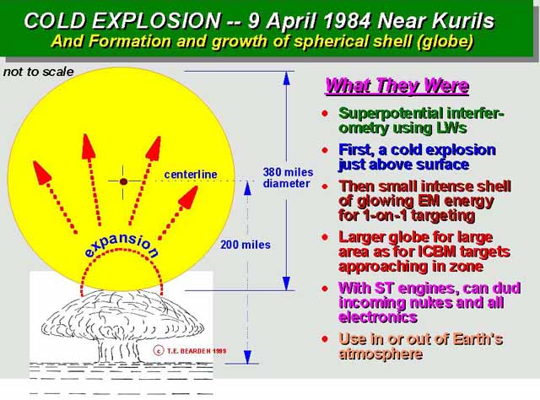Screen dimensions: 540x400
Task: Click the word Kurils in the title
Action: pos(463,20)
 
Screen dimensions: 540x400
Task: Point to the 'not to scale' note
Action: pos(38,72)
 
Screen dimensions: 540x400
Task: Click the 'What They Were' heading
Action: pos(397,86)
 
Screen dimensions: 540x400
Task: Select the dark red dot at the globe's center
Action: pos(124,181)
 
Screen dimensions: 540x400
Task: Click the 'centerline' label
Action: pos(191,175)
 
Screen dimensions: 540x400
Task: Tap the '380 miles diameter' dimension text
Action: pos(288,178)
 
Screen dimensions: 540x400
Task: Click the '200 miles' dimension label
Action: pos(246,245)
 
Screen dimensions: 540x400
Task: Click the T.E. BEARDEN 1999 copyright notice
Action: pos(190,351)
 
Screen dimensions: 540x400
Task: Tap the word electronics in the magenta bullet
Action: pos(378,317)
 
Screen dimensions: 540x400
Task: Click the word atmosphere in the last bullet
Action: pos(381,354)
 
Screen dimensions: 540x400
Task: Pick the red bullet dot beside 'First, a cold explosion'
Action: pos(325,150)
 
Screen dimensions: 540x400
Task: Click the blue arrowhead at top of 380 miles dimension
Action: pos(287,78)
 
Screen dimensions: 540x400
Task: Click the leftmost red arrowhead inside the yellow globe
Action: pos(41,172)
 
